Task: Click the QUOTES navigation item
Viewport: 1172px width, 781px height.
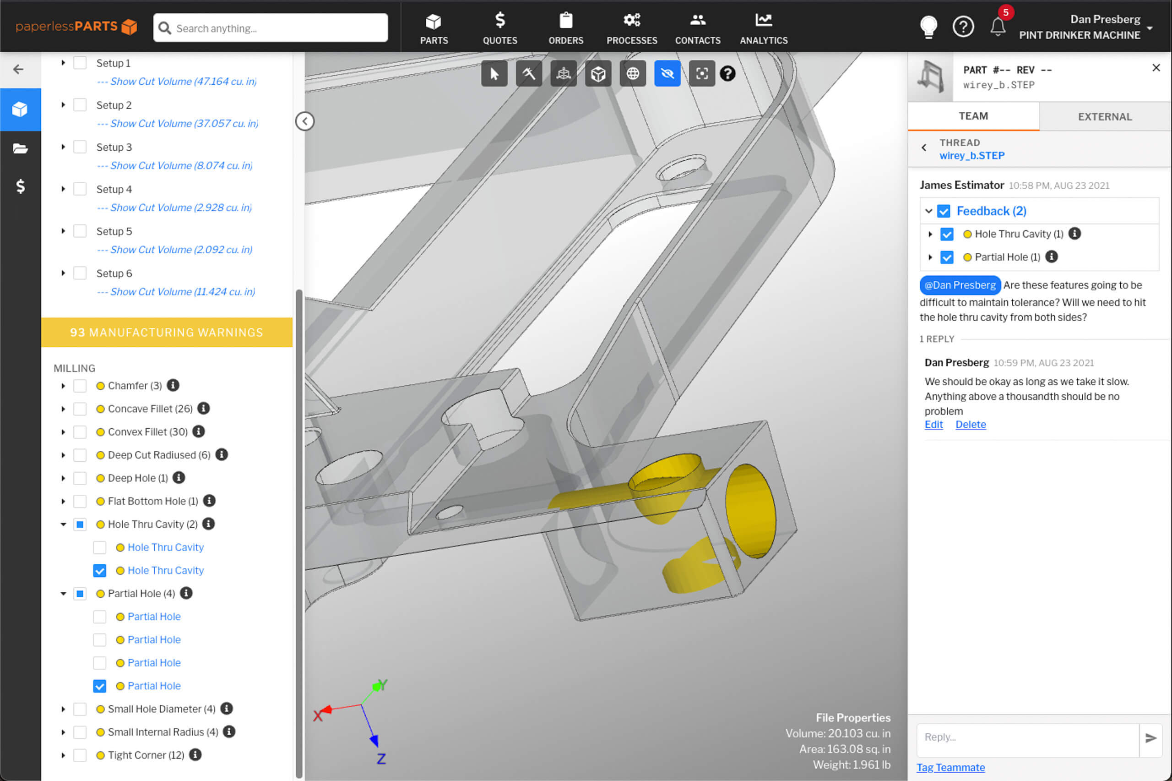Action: click(499, 28)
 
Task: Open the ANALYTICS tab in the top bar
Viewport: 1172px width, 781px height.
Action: click(764, 28)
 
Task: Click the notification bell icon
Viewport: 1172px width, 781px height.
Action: click(997, 27)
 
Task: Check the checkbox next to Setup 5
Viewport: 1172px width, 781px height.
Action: click(80, 231)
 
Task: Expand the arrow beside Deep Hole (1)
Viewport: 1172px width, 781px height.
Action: click(63, 478)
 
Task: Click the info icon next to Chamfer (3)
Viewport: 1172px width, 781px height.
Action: click(173, 385)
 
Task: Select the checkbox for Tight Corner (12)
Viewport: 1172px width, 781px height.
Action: click(80, 755)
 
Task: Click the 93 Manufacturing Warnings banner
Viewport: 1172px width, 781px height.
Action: click(167, 332)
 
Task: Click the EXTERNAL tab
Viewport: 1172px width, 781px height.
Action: click(1104, 116)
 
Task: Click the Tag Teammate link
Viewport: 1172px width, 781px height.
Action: click(950, 767)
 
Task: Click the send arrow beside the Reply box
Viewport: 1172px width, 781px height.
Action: click(1150, 737)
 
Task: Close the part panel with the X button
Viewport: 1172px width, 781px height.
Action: click(1156, 68)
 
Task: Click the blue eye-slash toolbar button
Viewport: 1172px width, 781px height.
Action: click(667, 74)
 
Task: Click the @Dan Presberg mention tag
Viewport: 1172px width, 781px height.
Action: click(960, 285)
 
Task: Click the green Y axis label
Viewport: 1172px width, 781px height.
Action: click(382, 684)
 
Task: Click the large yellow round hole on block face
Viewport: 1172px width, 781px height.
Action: click(750, 511)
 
